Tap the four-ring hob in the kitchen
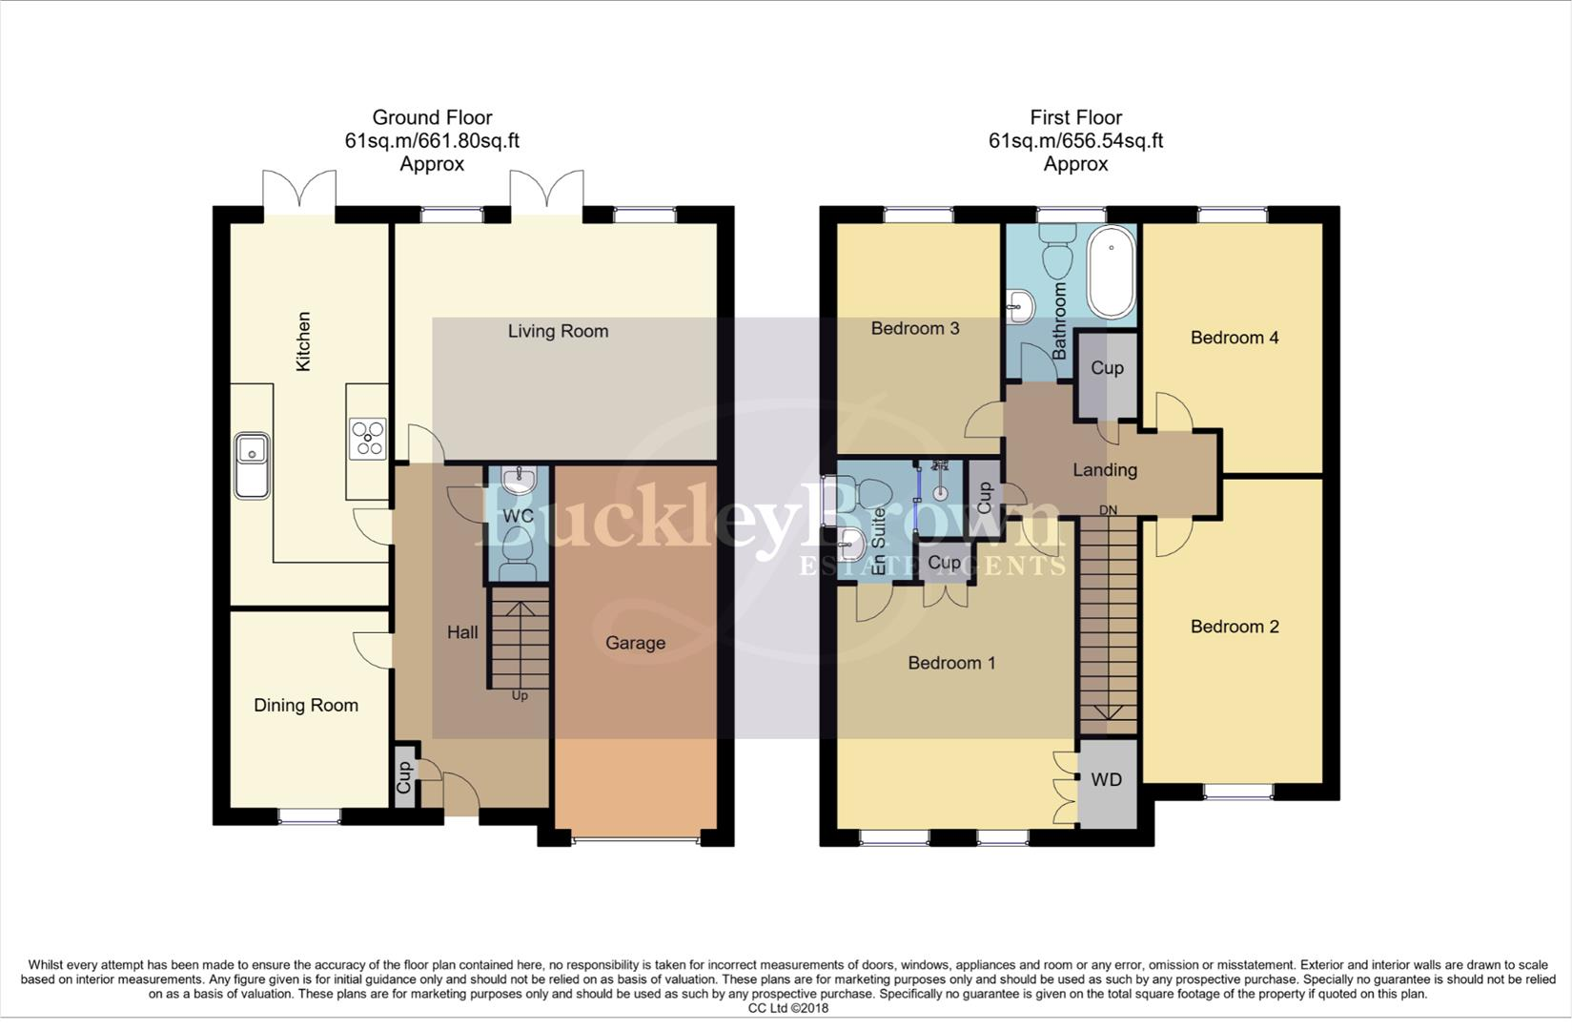pos(368,439)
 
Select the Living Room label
pos(558,331)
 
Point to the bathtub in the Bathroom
pos(1111,272)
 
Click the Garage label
pos(635,643)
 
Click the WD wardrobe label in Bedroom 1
pos(1106,779)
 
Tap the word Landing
pos(1104,469)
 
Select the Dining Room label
pos(306,705)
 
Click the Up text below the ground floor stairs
pos(520,695)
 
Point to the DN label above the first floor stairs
pos(1108,510)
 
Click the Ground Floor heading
pos(432,117)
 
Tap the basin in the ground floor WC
pos(519,478)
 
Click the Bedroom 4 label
pos(1234,338)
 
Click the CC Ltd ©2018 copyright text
pos(787,1008)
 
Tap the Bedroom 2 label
pos(1234,627)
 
